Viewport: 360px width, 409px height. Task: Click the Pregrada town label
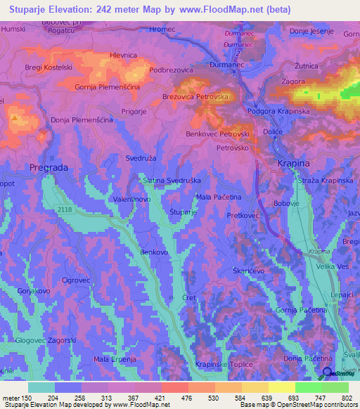[x=48, y=167]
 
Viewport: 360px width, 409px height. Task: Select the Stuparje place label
[x=184, y=212]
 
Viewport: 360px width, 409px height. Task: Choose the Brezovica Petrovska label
[x=196, y=97]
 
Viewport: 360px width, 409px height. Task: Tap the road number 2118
[x=65, y=209]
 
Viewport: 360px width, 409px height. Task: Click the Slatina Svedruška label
[x=172, y=181]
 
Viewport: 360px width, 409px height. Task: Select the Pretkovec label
[x=245, y=217]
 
